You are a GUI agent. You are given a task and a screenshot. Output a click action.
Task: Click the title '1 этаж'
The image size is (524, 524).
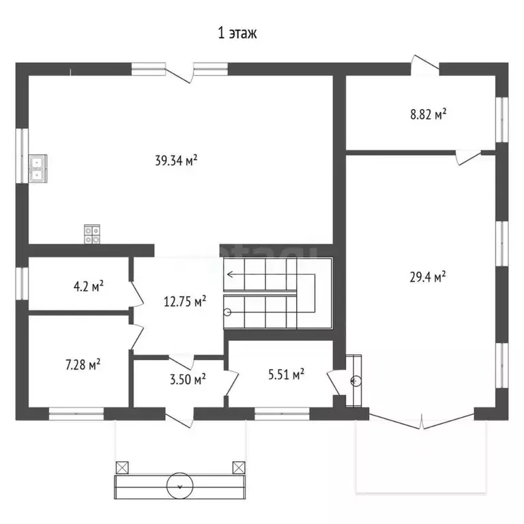(237, 33)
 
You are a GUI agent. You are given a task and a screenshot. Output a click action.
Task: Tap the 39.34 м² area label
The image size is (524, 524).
(176, 160)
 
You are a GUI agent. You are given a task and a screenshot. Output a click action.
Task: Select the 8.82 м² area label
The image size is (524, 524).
(428, 115)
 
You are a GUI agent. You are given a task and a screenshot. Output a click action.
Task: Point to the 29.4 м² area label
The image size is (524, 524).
(427, 277)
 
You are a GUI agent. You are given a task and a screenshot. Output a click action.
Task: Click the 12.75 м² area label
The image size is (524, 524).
(185, 302)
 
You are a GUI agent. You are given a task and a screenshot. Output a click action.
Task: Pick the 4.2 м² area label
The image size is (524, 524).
(88, 287)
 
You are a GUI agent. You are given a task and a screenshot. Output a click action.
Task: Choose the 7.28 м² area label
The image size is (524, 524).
(83, 364)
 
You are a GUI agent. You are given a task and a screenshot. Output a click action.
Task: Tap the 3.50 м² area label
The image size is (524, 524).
(188, 379)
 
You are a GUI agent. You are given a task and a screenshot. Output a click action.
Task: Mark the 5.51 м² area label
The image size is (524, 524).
(286, 375)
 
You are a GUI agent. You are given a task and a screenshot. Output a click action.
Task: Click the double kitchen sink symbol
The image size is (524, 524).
(38, 169)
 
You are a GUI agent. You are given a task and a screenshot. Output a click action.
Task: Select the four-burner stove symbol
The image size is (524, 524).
(92, 234)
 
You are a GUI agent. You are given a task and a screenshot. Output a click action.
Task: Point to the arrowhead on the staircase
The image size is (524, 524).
(230, 275)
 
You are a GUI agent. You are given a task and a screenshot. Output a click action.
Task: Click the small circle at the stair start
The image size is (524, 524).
(227, 312)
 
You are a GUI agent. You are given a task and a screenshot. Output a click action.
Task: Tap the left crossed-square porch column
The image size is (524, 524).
(122, 467)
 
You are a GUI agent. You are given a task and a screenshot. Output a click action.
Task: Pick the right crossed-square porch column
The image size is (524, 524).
(239, 467)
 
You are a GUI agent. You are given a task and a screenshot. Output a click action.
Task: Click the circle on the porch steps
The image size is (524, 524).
(180, 486)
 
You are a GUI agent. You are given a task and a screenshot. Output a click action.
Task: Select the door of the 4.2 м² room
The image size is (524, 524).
(136, 294)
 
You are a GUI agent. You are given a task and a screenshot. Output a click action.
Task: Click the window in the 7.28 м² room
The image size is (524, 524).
(76, 413)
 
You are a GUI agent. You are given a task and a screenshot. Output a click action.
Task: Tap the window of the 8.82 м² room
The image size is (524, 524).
(501, 120)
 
